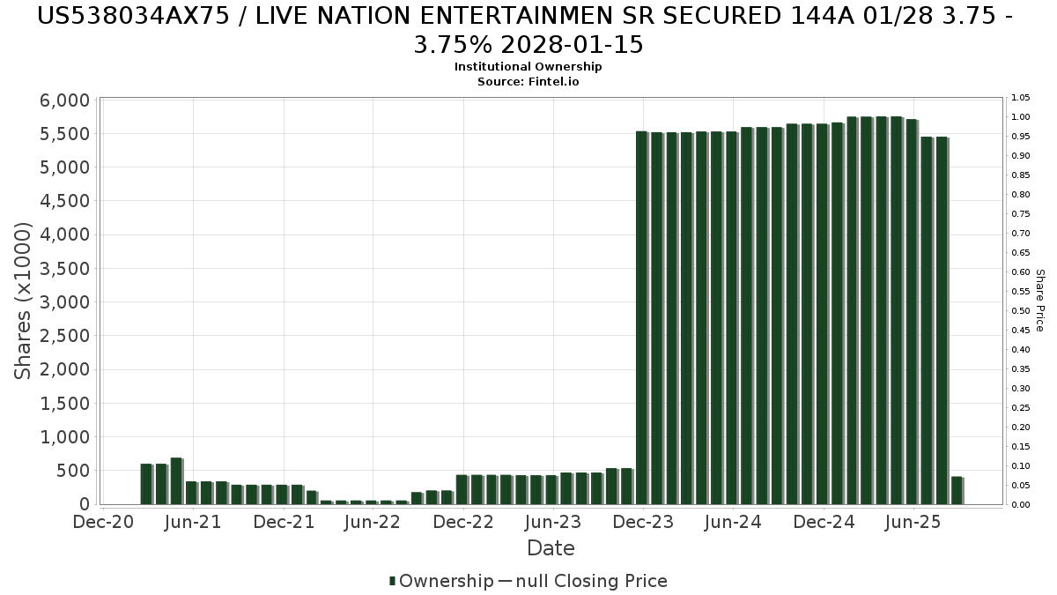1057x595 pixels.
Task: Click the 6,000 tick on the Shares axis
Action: (x=66, y=100)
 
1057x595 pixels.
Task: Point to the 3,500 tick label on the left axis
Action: (x=66, y=269)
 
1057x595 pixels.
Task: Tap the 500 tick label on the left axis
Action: (x=75, y=471)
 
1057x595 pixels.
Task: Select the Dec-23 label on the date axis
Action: (x=643, y=522)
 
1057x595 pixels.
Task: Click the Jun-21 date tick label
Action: (x=193, y=522)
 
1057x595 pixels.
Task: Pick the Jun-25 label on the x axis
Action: (x=913, y=522)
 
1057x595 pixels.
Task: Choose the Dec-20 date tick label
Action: (x=104, y=522)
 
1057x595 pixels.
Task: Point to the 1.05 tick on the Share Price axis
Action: (x=1021, y=97)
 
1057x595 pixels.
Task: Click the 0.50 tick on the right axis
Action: (x=1021, y=310)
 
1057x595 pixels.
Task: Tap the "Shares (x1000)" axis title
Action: (x=24, y=301)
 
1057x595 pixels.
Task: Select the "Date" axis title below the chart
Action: (x=551, y=548)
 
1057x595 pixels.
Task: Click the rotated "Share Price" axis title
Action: (x=1040, y=301)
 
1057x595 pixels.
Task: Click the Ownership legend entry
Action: (x=441, y=581)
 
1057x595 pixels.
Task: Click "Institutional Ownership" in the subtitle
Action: (x=528, y=67)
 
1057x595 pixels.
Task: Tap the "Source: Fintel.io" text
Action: (x=528, y=81)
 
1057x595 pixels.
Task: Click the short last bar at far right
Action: (x=957, y=490)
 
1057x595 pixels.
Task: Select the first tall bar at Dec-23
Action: (x=641, y=317)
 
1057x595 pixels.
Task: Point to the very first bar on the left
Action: (x=146, y=484)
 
